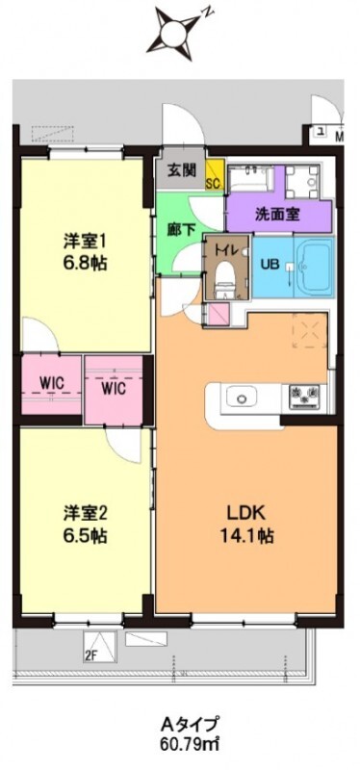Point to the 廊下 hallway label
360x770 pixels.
coord(178,231)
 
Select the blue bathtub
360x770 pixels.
coord(313,267)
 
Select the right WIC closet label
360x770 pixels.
coord(114,390)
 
